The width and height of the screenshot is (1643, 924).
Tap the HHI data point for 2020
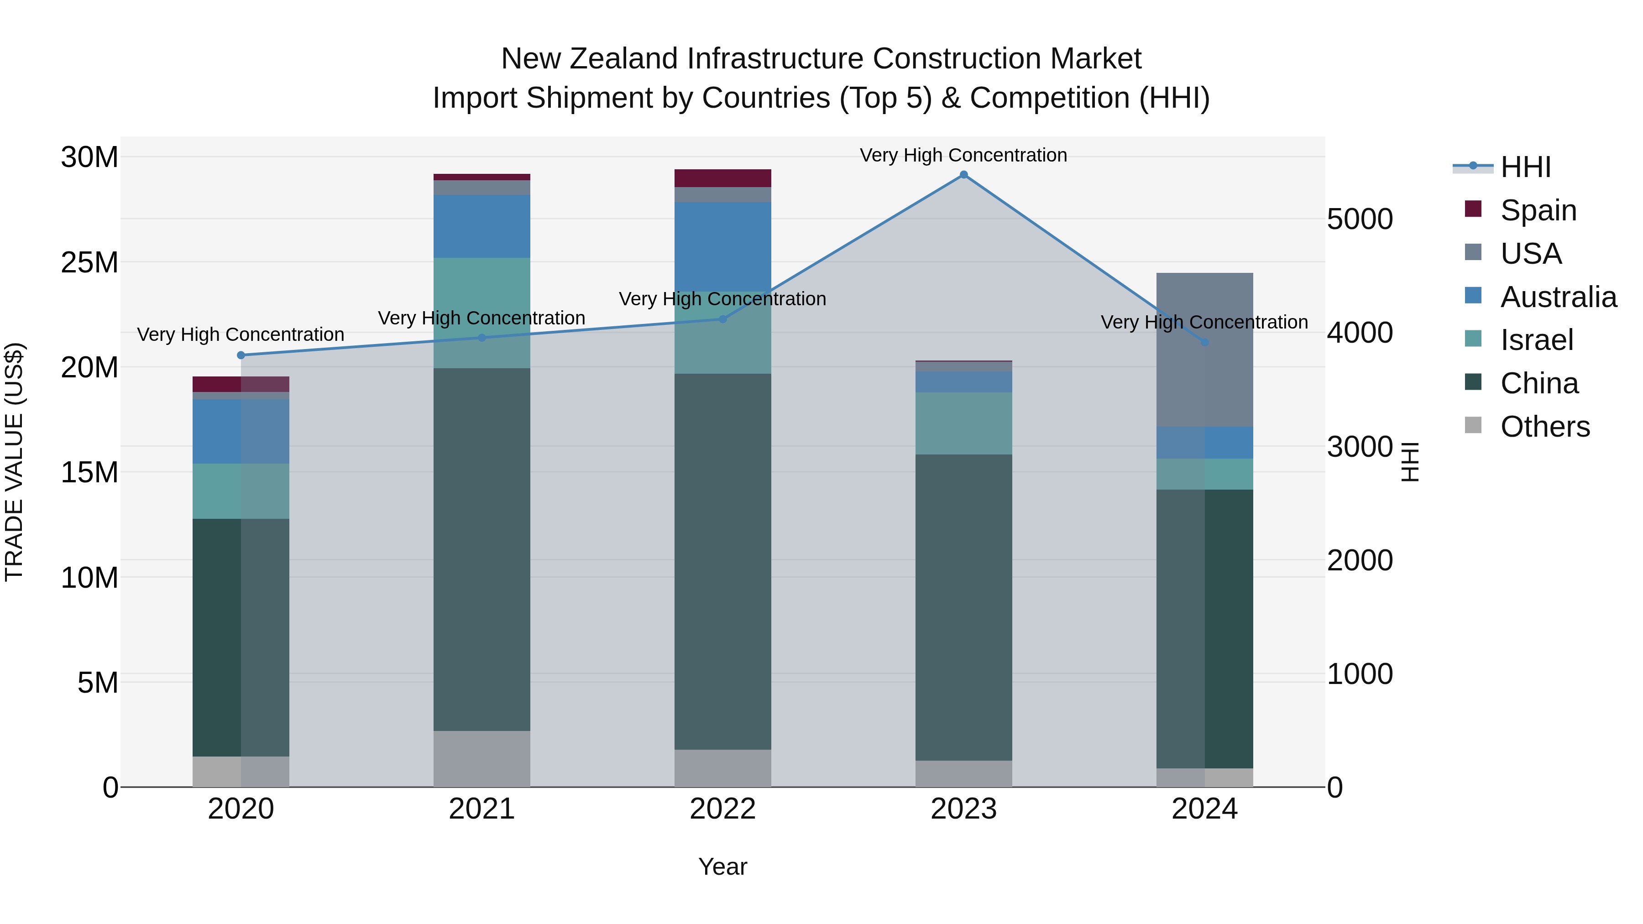[241, 355]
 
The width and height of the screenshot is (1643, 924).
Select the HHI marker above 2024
[1204, 342]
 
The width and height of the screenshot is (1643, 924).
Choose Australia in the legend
[1558, 297]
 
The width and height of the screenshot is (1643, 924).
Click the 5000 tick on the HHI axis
[1360, 219]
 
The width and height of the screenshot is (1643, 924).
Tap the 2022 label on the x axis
[722, 809]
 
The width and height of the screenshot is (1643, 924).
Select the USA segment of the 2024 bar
[1204, 350]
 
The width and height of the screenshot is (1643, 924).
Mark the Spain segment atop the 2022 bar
[722, 178]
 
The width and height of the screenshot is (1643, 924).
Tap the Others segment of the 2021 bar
[481, 758]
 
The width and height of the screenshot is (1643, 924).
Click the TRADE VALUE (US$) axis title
[14, 462]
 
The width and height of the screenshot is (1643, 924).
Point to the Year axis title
[722, 867]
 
